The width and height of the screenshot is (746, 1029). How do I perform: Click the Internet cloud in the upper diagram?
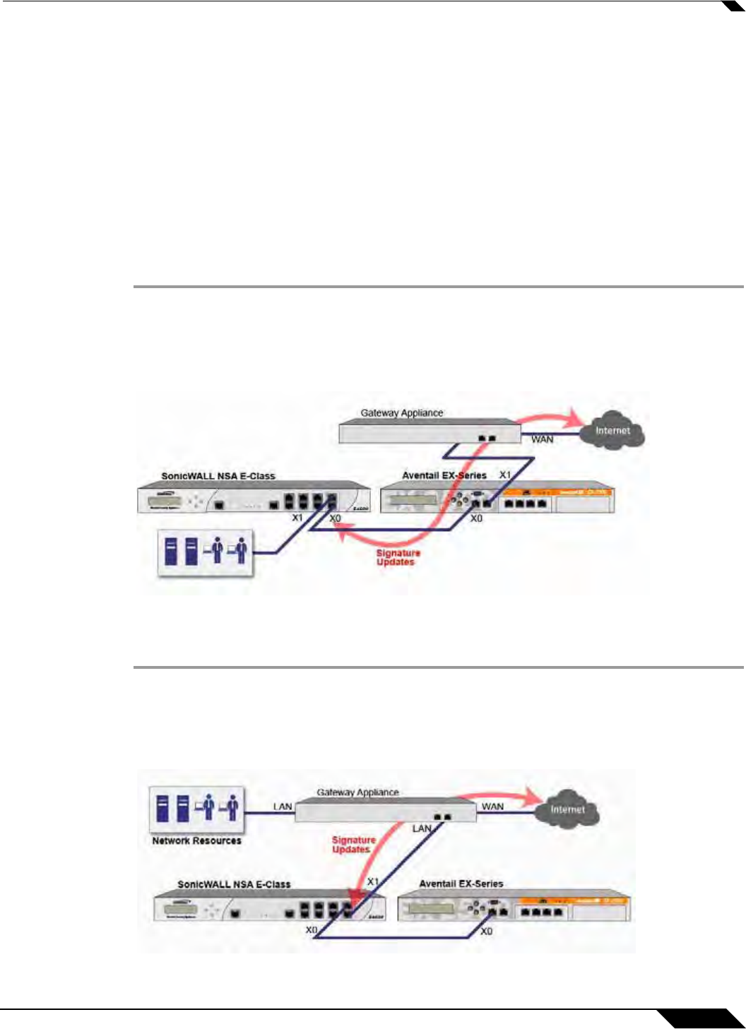(612, 430)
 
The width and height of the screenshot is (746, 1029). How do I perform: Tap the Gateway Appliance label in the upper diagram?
(402, 412)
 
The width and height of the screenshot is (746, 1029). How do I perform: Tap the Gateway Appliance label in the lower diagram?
(357, 792)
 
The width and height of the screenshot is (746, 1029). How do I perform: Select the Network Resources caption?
(196, 841)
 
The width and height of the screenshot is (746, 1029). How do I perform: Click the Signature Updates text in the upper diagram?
(398, 558)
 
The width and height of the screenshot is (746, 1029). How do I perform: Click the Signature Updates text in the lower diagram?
(353, 845)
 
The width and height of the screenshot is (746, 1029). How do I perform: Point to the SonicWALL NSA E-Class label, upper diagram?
(218, 476)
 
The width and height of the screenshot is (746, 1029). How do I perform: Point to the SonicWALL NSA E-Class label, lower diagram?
(234, 884)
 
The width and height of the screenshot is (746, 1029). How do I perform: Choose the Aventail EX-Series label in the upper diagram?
(444, 475)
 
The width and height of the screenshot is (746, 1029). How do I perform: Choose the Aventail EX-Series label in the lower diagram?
(461, 884)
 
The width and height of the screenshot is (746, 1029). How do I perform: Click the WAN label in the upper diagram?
(543, 439)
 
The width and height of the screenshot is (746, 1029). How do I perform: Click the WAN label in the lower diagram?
(492, 807)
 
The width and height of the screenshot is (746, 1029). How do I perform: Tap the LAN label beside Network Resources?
(283, 807)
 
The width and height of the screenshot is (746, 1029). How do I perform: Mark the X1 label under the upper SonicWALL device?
(297, 518)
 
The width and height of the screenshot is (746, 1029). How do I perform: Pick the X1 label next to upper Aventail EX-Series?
(505, 475)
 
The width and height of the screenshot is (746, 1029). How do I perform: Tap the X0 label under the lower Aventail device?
(486, 932)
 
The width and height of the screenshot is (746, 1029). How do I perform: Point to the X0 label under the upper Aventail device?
(477, 518)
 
